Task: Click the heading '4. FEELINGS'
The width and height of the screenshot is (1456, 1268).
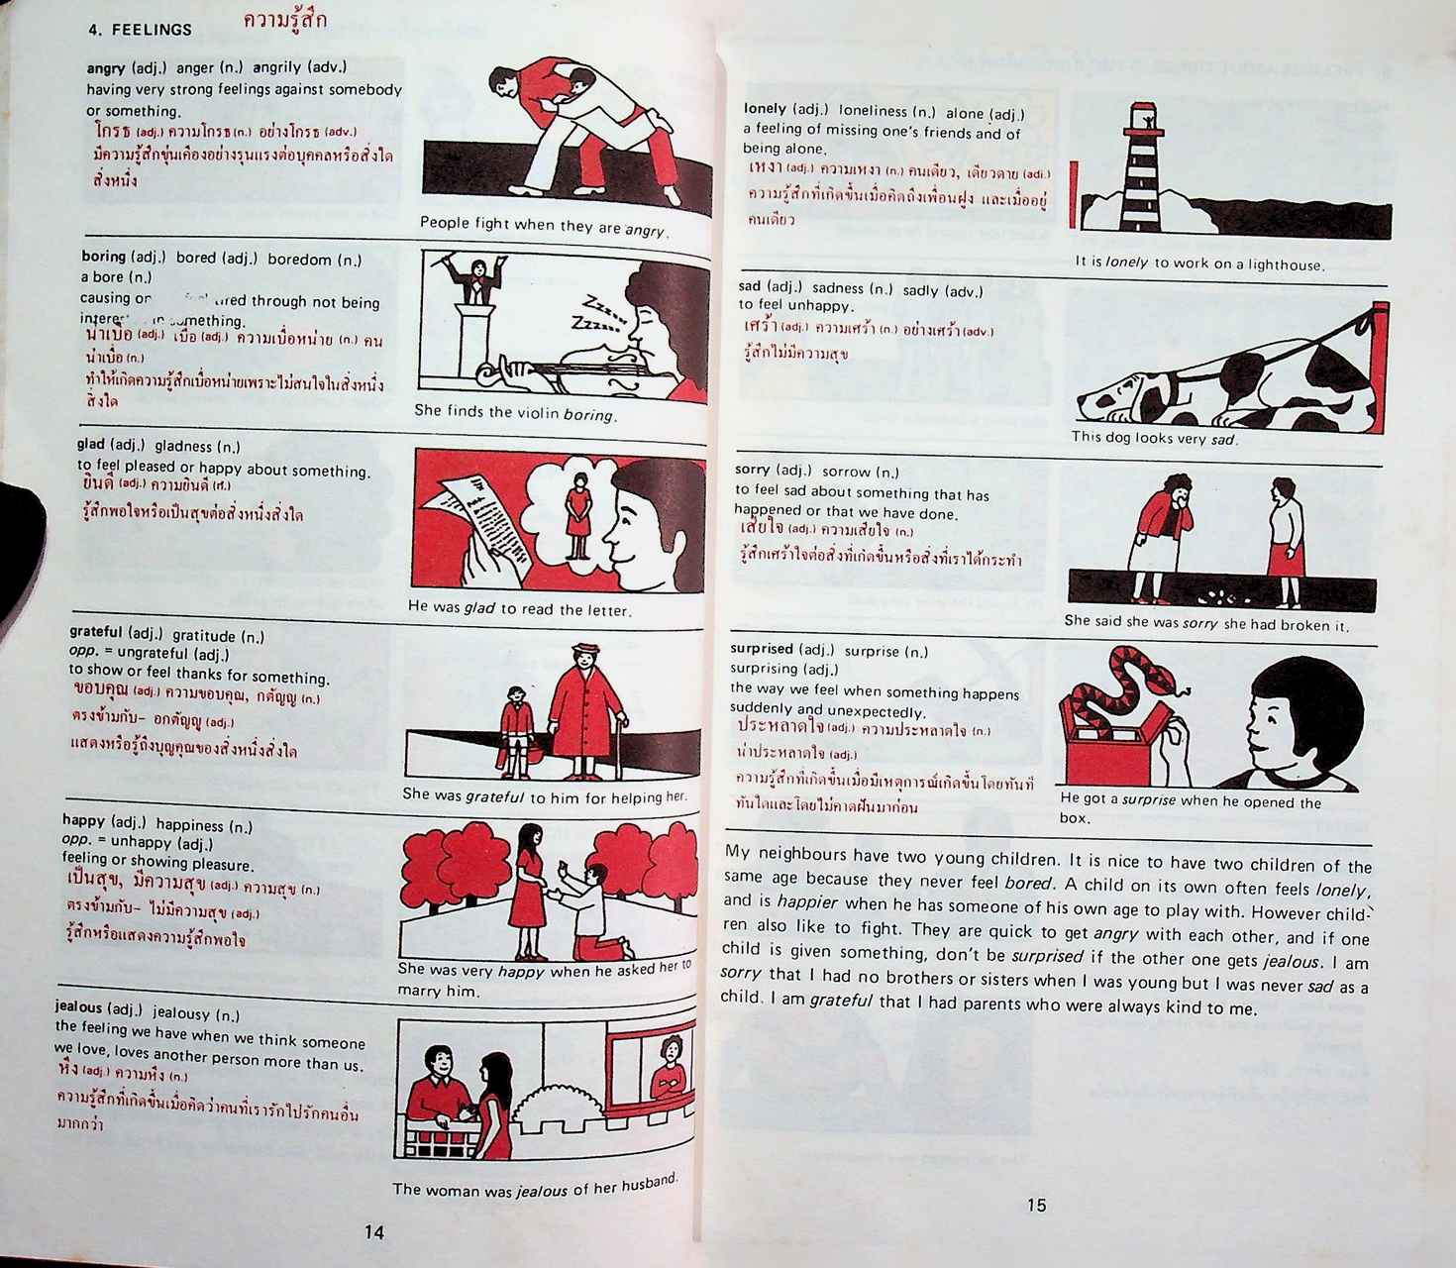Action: click(x=140, y=30)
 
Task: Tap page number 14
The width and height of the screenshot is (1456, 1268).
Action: click(x=373, y=1232)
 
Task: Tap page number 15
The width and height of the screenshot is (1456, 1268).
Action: click(x=1036, y=1205)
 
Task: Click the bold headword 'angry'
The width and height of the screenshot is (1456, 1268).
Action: click(x=106, y=68)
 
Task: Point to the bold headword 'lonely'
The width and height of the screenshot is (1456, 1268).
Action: click(x=765, y=109)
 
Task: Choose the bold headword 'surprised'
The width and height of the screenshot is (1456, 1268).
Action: click(x=762, y=649)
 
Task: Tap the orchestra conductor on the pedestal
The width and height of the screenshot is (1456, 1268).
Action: click(x=479, y=280)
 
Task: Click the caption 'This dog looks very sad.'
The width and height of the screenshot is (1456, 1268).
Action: click(x=1154, y=438)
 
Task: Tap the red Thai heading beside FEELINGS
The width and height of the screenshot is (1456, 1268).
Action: click(x=284, y=21)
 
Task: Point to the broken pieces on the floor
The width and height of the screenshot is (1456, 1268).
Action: click(x=1218, y=597)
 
